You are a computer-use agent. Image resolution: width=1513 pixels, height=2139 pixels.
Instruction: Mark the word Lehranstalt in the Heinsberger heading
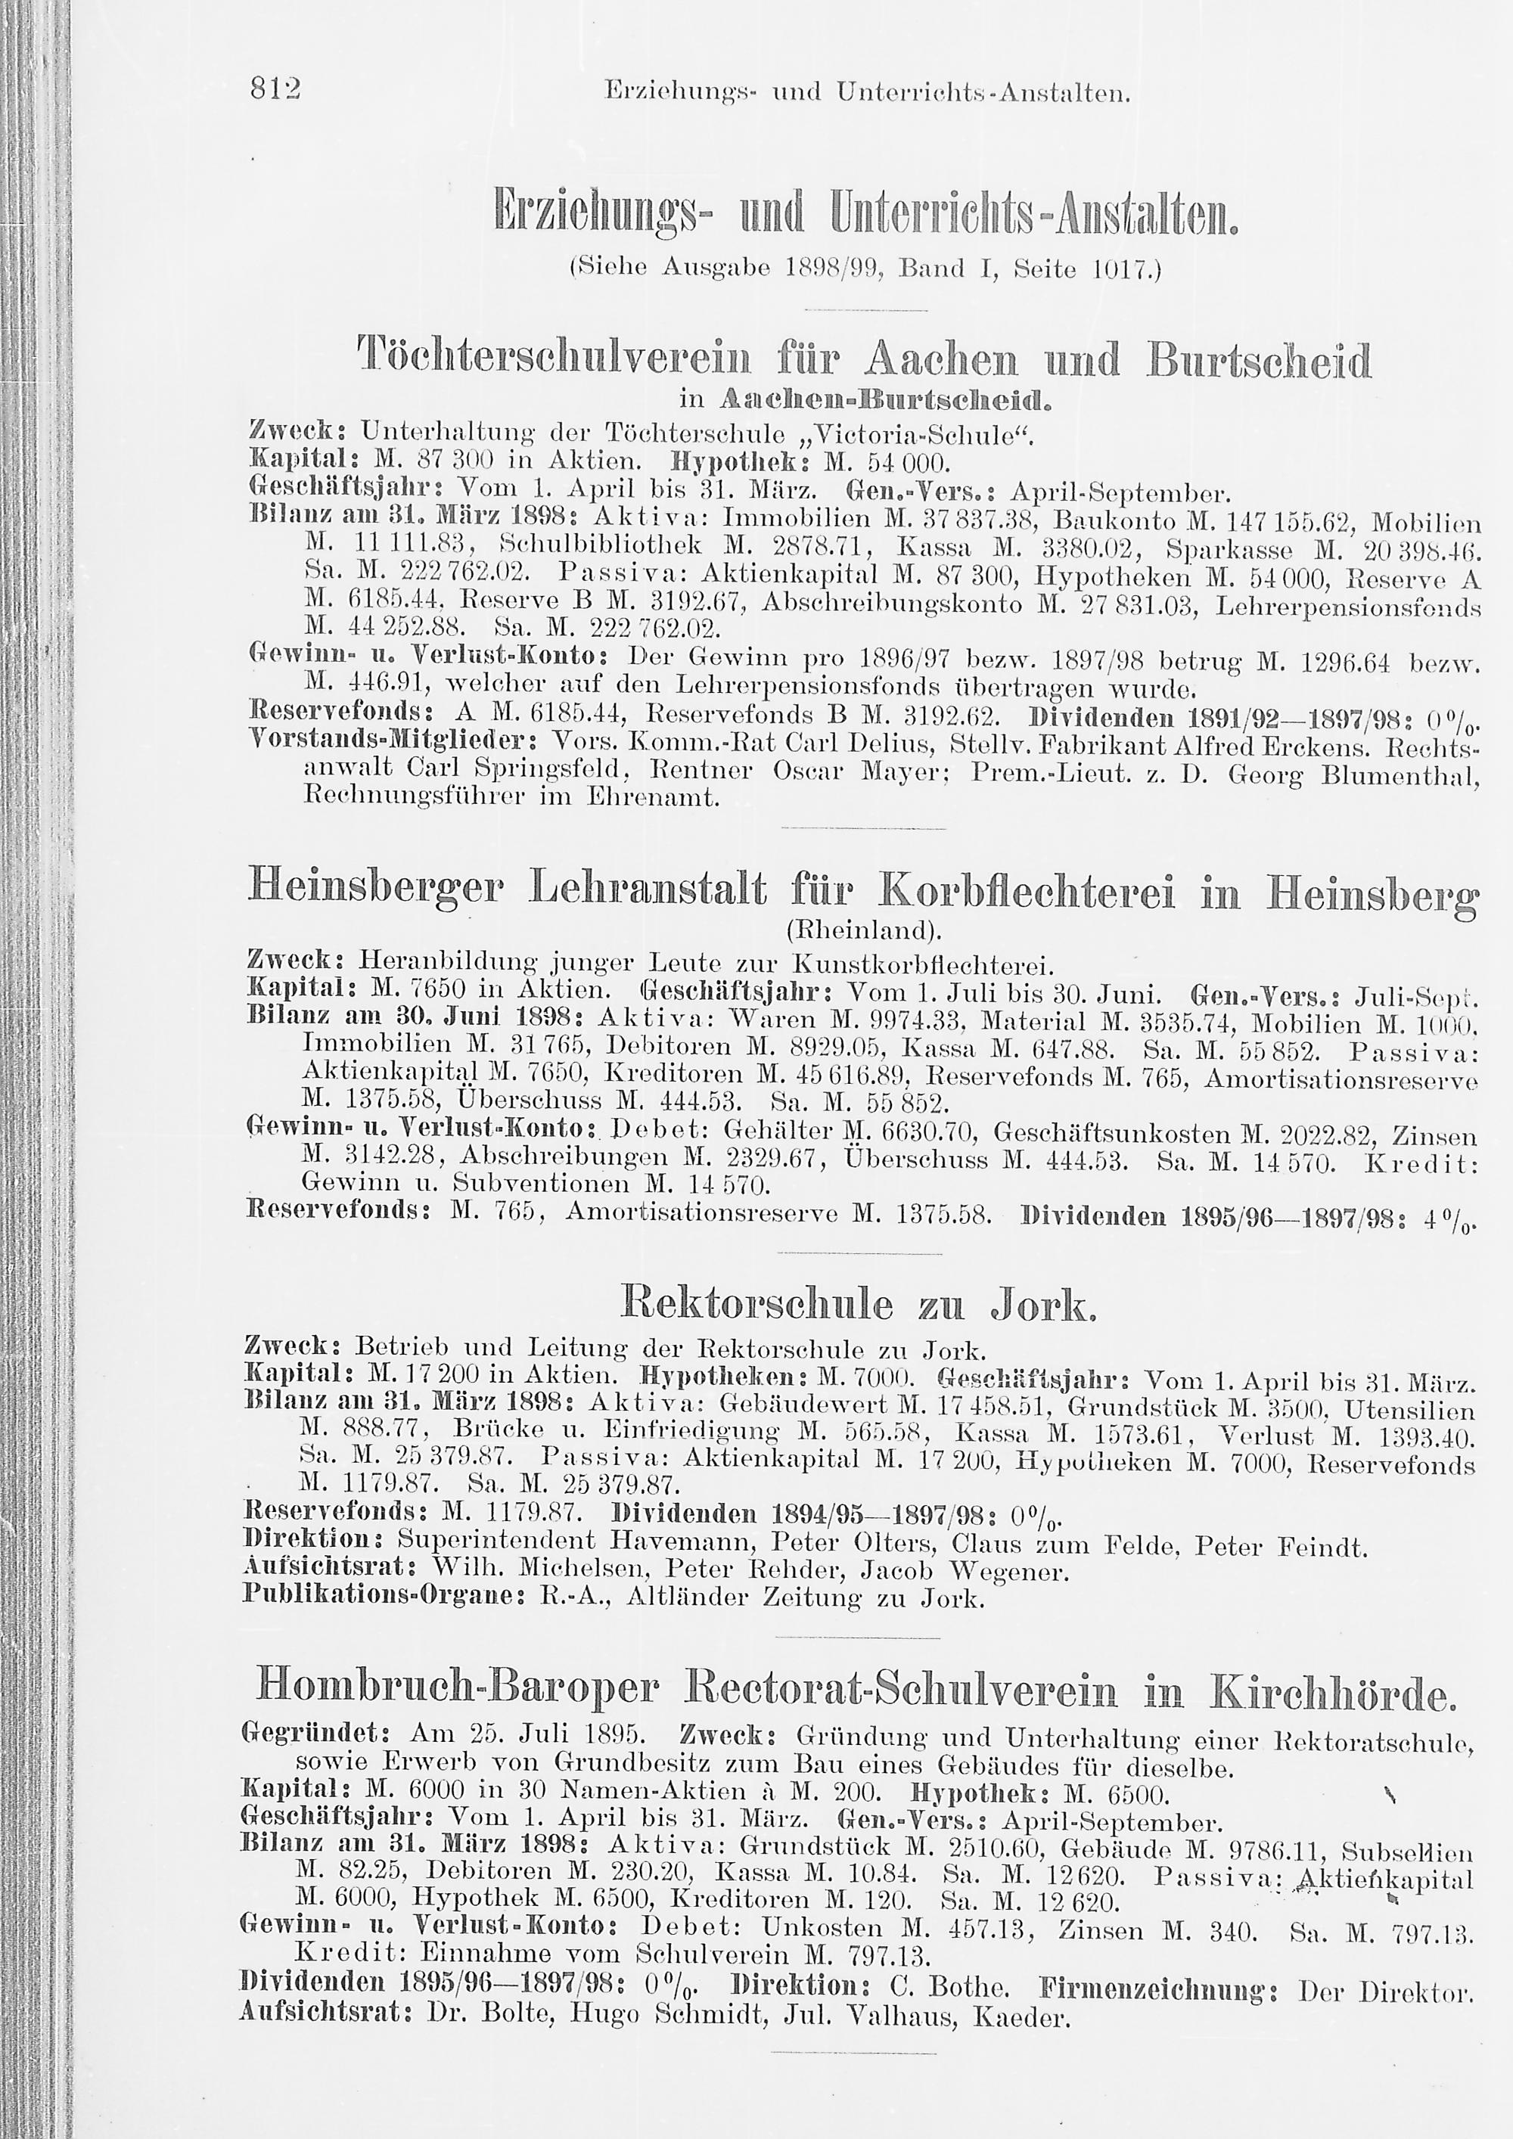(x=648, y=893)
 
